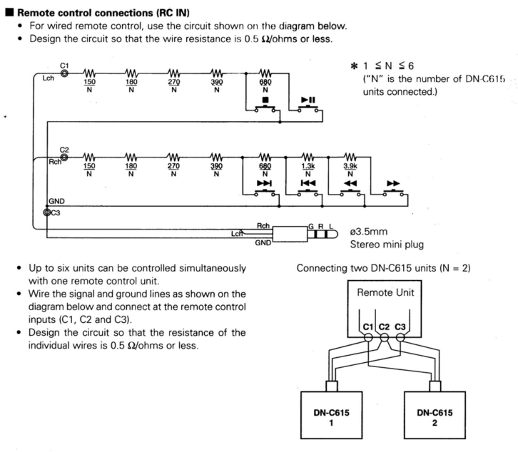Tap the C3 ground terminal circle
[47, 212]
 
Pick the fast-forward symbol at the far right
[392, 183]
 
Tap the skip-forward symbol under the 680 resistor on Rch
[265, 183]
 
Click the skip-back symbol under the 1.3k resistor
[308, 183]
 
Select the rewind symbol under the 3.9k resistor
[350, 183]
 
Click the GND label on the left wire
[56, 202]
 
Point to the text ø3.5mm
[370, 232]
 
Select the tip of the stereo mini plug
[331, 233]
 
